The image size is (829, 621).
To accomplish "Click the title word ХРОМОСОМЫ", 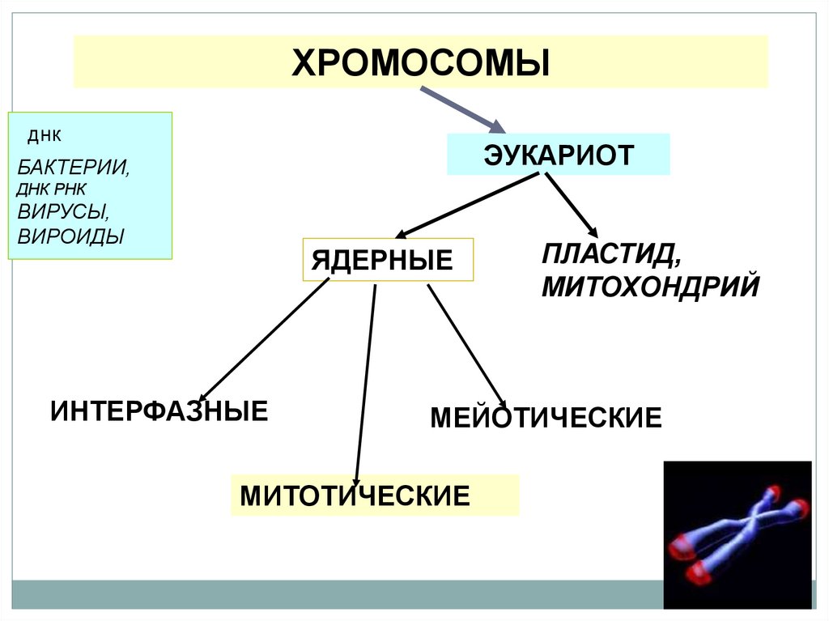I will [x=421, y=62].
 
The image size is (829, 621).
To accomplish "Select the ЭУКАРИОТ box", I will [x=559, y=155].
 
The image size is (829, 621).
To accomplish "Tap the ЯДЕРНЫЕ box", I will [x=388, y=260].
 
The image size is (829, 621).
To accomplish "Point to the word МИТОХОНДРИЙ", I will [x=650, y=286].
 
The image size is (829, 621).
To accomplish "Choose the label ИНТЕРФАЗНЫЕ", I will [x=159, y=410].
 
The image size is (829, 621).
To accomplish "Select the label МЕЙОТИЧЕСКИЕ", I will [x=546, y=418].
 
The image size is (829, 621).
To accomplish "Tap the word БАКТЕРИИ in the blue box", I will [x=74, y=168].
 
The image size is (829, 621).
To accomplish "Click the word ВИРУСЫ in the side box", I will [x=63, y=213].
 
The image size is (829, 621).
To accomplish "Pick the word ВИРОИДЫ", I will [x=71, y=237].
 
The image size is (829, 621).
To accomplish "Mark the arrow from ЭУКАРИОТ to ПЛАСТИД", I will [x=571, y=206].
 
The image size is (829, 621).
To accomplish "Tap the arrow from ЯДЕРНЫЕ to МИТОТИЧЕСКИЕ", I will [x=365, y=381].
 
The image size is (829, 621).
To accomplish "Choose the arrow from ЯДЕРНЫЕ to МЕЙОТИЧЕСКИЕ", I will [x=466, y=344].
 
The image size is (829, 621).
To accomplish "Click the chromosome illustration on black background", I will [x=737, y=534].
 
